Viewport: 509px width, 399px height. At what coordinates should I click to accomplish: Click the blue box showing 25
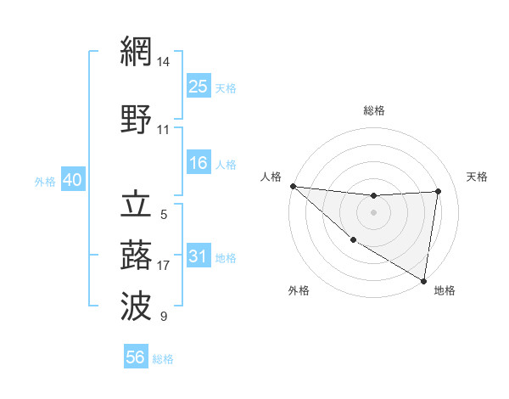coord(199,86)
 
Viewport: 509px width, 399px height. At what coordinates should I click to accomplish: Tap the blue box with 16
coord(199,163)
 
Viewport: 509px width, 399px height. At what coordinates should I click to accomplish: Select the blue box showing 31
coord(199,256)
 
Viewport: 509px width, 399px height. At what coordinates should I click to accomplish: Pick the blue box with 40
coord(72,180)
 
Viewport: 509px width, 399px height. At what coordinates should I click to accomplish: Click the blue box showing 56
coord(136,357)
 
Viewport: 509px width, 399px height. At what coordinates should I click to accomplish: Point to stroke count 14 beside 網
coord(164,62)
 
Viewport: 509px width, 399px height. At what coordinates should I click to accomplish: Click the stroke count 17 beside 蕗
coord(164,266)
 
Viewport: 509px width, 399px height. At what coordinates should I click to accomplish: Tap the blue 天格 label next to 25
coord(226,87)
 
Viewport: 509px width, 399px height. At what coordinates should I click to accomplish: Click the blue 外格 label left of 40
coord(45,181)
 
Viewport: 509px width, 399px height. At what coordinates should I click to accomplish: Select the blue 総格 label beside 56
coord(163,359)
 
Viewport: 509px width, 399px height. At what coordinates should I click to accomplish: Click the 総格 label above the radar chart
coord(373,110)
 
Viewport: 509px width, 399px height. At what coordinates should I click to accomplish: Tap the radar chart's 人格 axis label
coord(271,177)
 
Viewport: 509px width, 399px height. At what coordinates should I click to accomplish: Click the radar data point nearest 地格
coord(423,280)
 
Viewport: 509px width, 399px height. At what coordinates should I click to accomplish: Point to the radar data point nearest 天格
coord(438,191)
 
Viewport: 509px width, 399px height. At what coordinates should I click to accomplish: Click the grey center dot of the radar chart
coord(373,212)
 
